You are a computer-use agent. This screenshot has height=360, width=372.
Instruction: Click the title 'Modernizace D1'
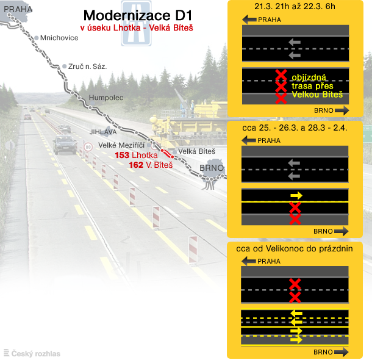coord(138,16)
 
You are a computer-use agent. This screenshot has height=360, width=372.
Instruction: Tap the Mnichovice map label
coord(59,38)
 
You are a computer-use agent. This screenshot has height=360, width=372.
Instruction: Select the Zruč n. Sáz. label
coord(88,67)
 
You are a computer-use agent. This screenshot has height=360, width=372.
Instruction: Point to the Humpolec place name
coord(106,98)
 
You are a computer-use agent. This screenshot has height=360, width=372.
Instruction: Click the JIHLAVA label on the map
coord(103,132)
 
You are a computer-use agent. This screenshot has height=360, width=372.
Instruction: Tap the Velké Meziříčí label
coord(121,145)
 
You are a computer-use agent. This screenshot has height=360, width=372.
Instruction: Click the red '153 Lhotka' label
coord(136,155)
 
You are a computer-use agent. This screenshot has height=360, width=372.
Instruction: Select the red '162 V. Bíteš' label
coord(151,165)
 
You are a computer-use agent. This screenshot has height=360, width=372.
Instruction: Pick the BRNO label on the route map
coord(212,168)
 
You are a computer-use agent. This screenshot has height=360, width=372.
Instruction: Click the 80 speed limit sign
coord(88,147)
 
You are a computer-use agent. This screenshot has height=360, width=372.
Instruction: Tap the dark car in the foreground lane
coord(65,144)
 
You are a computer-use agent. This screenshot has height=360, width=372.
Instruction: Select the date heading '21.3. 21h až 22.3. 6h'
coord(295,7)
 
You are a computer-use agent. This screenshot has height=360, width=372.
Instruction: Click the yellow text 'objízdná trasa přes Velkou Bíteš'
coord(317,86)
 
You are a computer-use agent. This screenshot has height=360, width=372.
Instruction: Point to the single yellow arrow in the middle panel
coord(296,195)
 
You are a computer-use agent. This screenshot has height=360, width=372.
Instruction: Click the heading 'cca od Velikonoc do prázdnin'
coord(295,249)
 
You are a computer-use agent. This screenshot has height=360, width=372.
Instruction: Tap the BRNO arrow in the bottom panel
coord(341,352)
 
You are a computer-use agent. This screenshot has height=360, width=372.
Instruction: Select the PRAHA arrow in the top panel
coord(249,20)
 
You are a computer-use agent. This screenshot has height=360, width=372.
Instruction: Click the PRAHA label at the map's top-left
coord(18,9)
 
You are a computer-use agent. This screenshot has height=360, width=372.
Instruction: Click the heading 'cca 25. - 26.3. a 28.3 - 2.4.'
coord(295,128)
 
